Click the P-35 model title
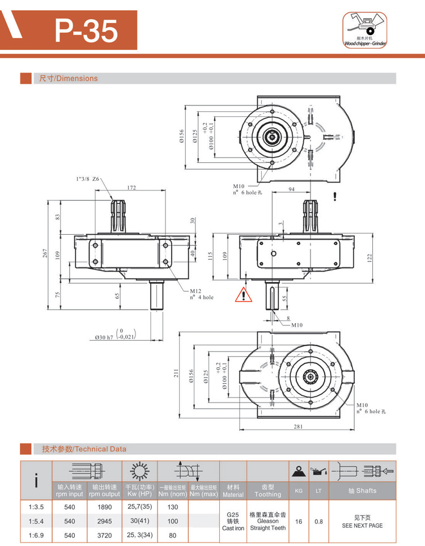coord(87,31)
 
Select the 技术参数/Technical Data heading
coord(84,449)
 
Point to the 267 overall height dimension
coord(45,253)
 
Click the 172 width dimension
coord(131,187)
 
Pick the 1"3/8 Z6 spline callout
coord(87,179)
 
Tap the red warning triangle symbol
coord(243,295)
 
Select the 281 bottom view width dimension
coord(298,428)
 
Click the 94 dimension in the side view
coord(291,189)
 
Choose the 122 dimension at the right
coord(369,257)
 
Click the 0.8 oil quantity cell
coord(318,521)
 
